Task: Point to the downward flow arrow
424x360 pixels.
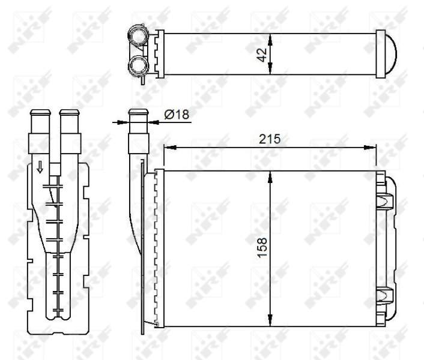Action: tap(40, 166)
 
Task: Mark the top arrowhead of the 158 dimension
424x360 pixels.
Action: tap(271, 175)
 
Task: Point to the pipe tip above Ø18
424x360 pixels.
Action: tap(139, 113)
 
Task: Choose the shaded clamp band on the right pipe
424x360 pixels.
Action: tap(70, 143)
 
